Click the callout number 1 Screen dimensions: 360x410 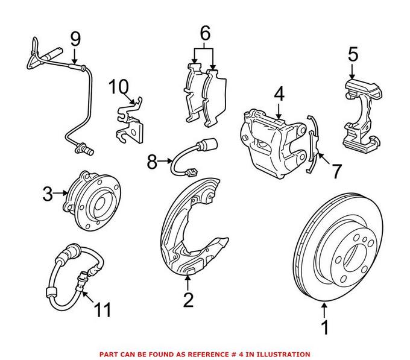326,328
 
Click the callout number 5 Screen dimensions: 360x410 353,55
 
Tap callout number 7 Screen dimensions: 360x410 335,171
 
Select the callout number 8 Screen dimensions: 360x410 151,161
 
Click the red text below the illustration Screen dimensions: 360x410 205,354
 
